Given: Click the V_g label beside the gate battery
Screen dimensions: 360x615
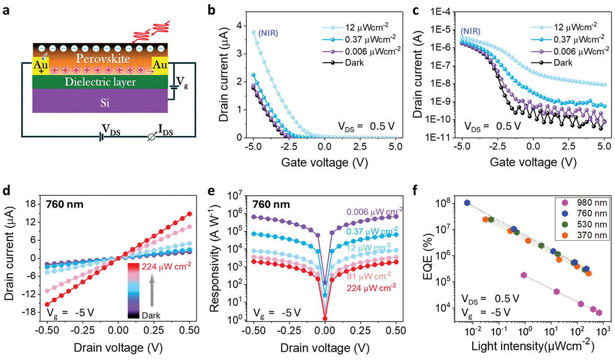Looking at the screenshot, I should (182, 81).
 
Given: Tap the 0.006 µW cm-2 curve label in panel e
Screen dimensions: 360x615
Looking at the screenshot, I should (374, 212).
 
